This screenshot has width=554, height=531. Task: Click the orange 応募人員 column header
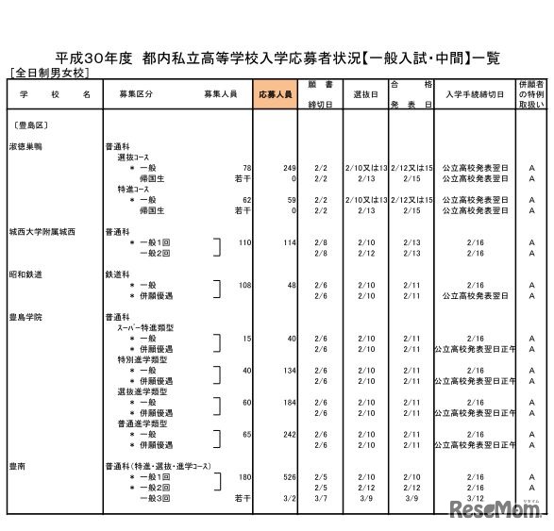(x=275, y=95)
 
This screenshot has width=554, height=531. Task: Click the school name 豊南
(x=17, y=465)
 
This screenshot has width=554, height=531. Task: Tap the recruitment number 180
(x=243, y=476)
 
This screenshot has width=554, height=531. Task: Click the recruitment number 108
(x=243, y=285)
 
